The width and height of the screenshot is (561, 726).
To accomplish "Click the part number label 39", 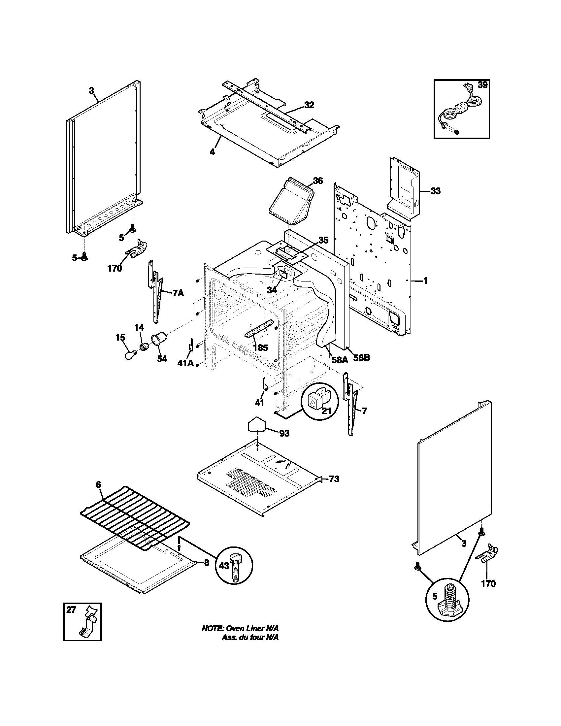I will [x=482, y=85].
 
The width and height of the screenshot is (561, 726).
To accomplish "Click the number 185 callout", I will [x=260, y=348].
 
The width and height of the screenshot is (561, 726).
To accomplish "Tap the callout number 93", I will [x=284, y=434].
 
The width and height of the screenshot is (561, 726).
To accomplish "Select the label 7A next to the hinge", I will [x=178, y=293].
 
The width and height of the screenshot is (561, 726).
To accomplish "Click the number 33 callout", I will [x=435, y=191].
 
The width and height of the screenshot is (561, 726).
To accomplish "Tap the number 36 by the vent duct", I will [x=318, y=181].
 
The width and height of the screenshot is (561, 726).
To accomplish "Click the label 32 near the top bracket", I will [x=309, y=105].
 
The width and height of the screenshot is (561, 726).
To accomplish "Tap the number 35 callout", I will [x=323, y=240].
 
